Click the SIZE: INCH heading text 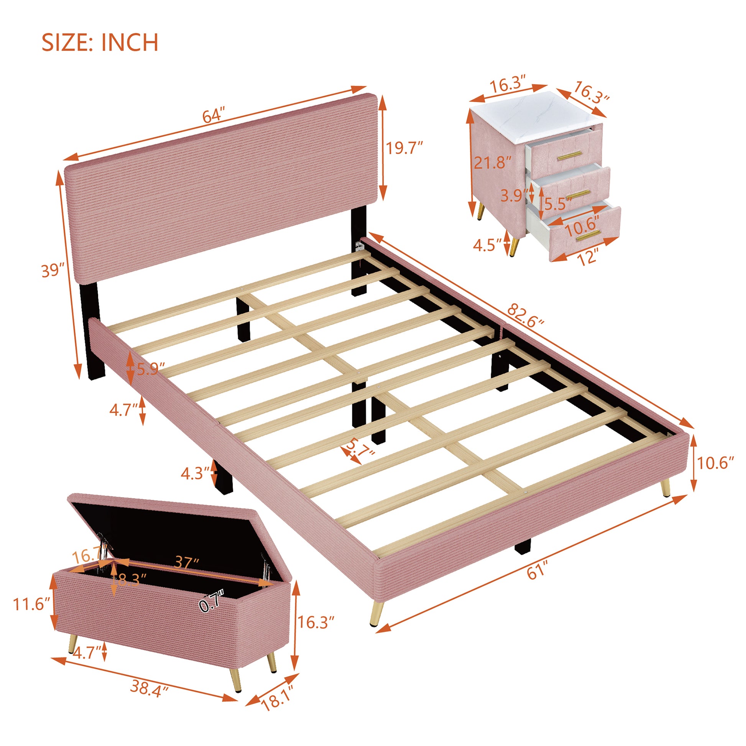(100, 43)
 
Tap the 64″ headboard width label (213, 116)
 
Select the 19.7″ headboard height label (405, 148)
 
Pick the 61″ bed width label (537, 573)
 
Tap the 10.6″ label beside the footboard (715, 463)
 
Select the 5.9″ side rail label (151, 369)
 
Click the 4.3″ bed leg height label (195, 473)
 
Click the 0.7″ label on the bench (212, 601)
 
